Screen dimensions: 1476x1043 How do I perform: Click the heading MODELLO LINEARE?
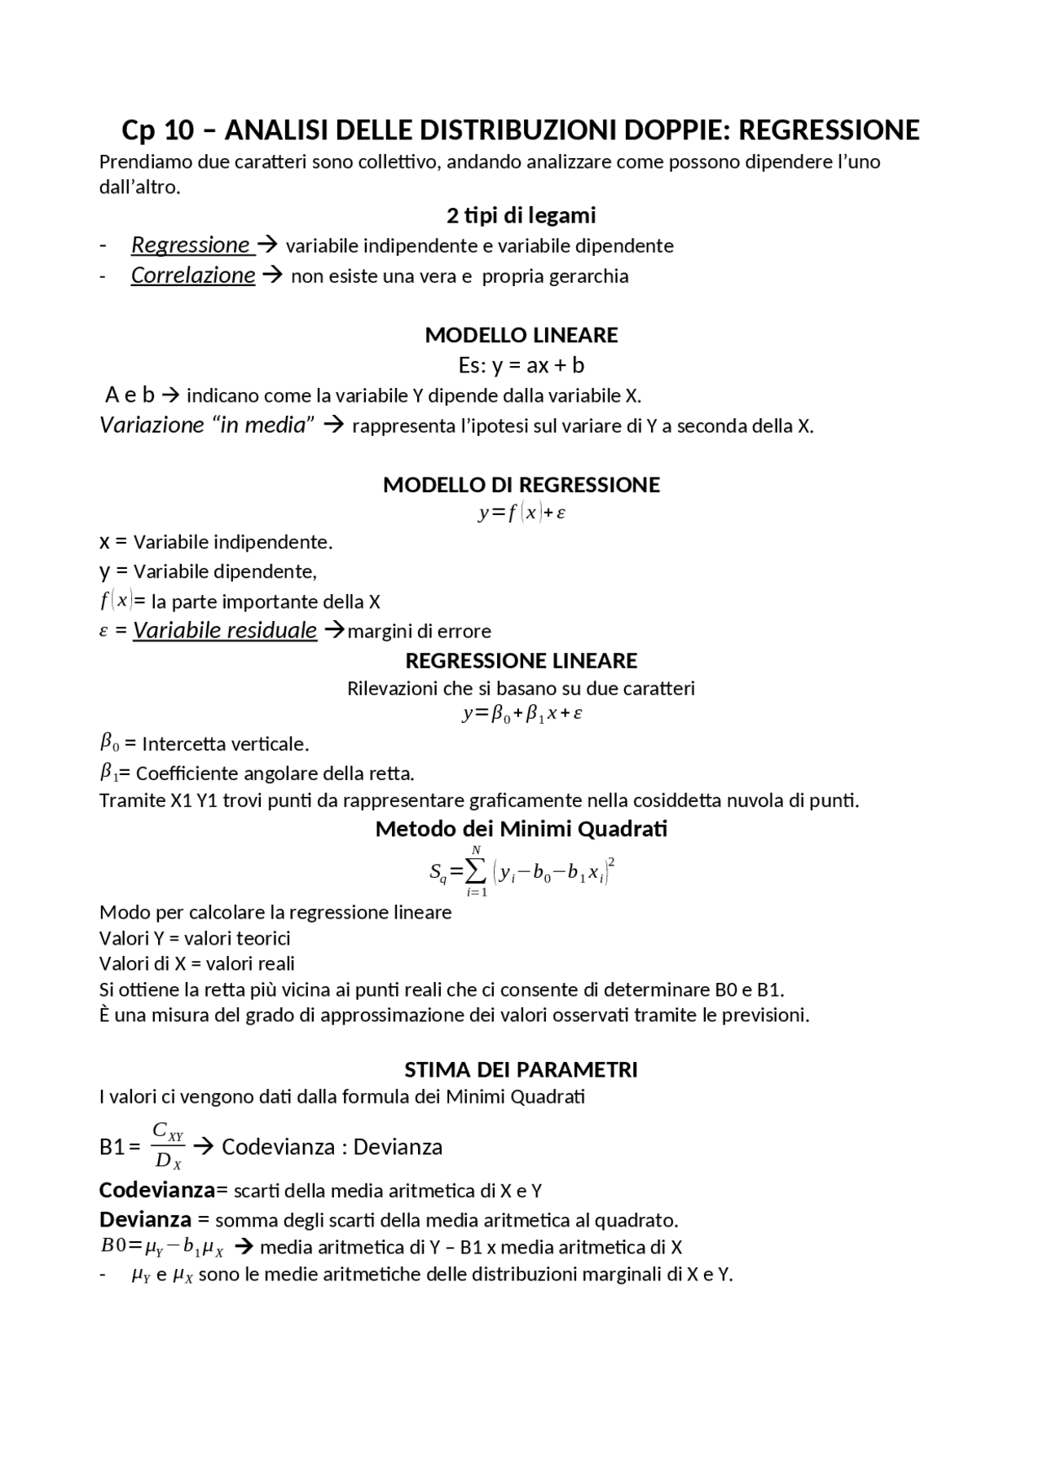click(x=521, y=335)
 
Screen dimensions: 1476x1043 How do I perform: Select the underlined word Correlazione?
click(x=193, y=275)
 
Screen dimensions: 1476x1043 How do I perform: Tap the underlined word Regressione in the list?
click(x=191, y=245)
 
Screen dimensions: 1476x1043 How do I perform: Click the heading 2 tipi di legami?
click(x=521, y=215)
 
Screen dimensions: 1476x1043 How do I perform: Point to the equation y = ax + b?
click(x=521, y=364)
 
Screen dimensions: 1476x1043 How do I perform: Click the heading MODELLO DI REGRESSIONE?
click(x=521, y=485)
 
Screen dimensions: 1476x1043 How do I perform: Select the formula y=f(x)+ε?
click(x=522, y=513)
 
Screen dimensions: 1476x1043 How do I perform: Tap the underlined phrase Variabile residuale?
click(x=225, y=630)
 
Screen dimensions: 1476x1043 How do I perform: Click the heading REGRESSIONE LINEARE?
click(x=521, y=660)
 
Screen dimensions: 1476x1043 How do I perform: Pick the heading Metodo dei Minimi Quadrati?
click(x=521, y=829)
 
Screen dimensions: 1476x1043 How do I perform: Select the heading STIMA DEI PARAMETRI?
click(x=521, y=1069)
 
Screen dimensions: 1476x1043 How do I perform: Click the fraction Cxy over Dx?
click(x=169, y=1146)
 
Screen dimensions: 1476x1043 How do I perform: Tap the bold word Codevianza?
click(x=157, y=1190)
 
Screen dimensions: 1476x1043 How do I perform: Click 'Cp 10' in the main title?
click(x=158, y=130)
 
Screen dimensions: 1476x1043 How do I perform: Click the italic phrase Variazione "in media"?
click(x=207, y=425)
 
